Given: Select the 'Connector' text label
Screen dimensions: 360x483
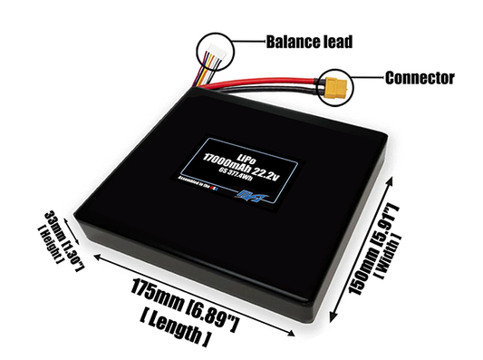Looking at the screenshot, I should [419, 78].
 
